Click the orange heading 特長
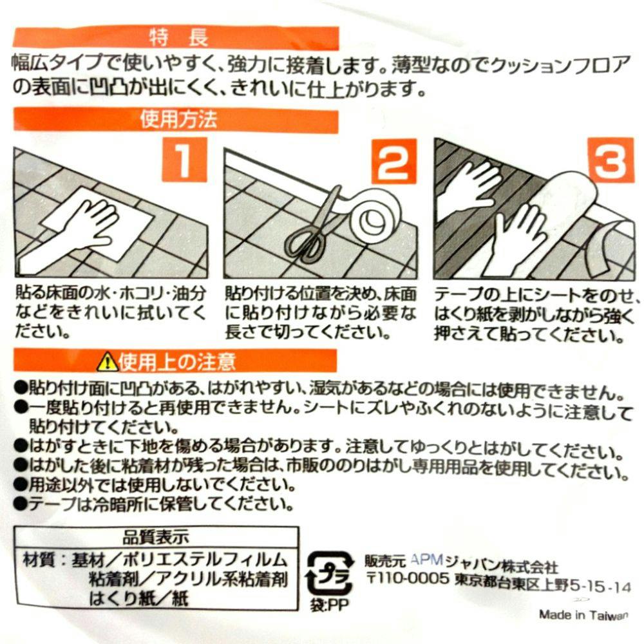[x=178, y=38]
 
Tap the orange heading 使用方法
[x=178, y=120]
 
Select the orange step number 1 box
[x=184, y=159]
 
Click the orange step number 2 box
[x=394, y=161]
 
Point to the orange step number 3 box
[x=611, y=160]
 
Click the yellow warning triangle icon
[x=107, y=361]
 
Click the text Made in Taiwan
[x=584, y=615]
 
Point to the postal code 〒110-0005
[x=408, y=579]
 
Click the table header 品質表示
[x=156, y=536]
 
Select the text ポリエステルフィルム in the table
[x=205, y=560]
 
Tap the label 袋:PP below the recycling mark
[x=329, y=605]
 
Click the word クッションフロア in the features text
[x=560, y=65]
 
